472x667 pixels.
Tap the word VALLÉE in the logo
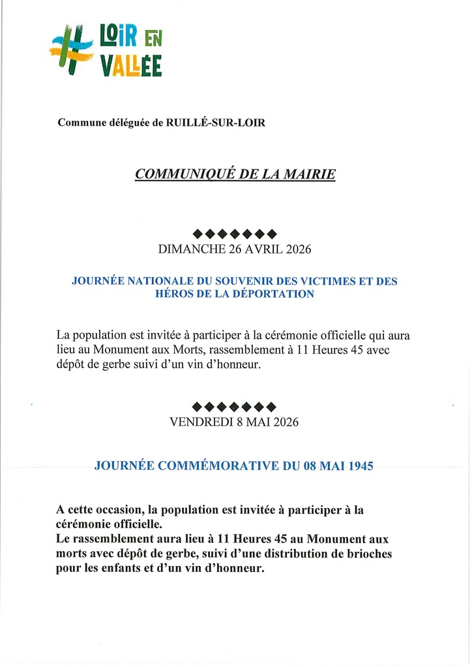click(131, 66)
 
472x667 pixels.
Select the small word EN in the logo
click(151, 40)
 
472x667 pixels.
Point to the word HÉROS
click(174, 294)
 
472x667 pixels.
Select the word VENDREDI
click(200, 422)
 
